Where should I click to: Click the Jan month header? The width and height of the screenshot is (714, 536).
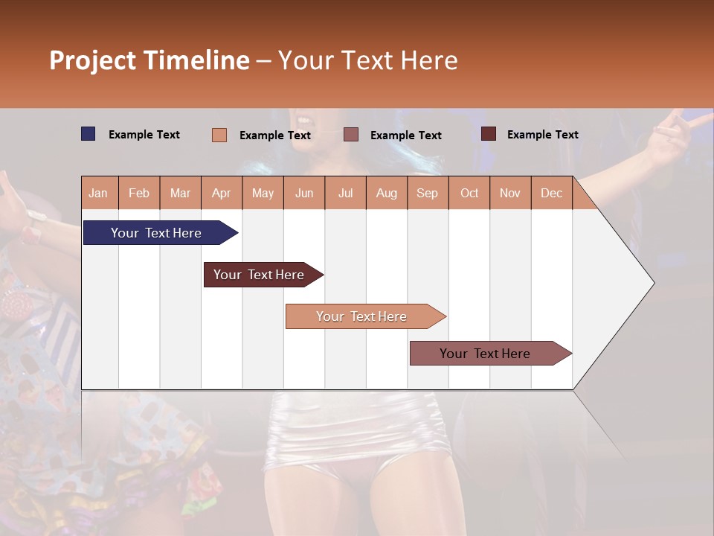(x=98, y=193)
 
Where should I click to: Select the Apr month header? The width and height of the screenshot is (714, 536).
(x=221, y=193)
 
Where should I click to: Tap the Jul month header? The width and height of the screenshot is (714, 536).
(x=345, y=193)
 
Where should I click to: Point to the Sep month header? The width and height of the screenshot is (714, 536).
(x=427, y=193)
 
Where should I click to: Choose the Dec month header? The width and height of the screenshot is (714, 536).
(x=551, y=193)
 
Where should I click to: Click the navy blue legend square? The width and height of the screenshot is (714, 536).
(x=88, y=134)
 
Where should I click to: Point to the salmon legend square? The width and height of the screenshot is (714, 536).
(x=219, y=135)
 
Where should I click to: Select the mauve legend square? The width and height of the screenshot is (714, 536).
(x=351, y=135)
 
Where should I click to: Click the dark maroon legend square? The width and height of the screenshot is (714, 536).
(x=488, y=134)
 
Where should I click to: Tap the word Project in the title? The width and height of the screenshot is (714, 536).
(x=92, y=60)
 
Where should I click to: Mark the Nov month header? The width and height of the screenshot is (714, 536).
(x=510, y=193)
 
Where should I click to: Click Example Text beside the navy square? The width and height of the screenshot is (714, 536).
(x=144, y=135)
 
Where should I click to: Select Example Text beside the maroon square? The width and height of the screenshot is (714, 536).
(x=543, y=135)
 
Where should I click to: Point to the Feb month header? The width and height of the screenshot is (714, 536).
(x=139, y=193)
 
